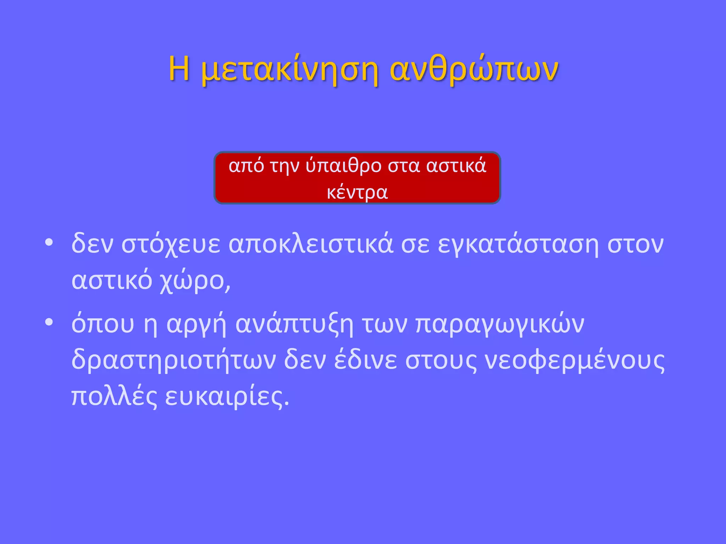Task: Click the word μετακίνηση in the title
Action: [x=289, y=69]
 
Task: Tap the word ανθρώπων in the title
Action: [x=474, y=69]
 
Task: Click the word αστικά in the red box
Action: [x=456, y=166]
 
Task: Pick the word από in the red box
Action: [x=246, y=166]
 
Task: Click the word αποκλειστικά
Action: [x=311, y=244]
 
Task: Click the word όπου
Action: [x=103, y=324]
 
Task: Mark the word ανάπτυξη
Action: [x=294, y=324]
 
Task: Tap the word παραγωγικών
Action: [x=499, y=324]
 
